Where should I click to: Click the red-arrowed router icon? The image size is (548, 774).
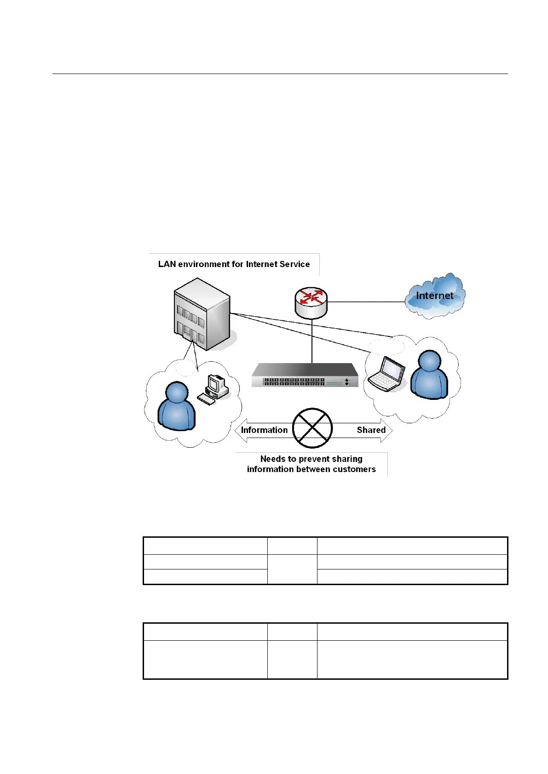click(311, 302)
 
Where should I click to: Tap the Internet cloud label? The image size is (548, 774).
click(434, 296)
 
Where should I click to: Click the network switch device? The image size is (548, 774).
click(305, 375)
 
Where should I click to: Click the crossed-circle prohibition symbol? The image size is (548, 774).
click(312, 428)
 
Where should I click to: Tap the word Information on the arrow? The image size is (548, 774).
click(264, 430)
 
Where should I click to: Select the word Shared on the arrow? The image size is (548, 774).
click(371, 430)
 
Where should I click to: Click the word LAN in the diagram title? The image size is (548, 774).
click(167, 264)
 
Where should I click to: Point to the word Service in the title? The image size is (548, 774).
click(295, 264)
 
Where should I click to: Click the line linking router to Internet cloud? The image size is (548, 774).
click(366, 302)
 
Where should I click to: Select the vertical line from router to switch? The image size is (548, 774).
click(312, 340)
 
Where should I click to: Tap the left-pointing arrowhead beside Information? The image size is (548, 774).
click(239, 431)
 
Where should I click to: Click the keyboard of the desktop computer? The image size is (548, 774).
click(206, 400)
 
